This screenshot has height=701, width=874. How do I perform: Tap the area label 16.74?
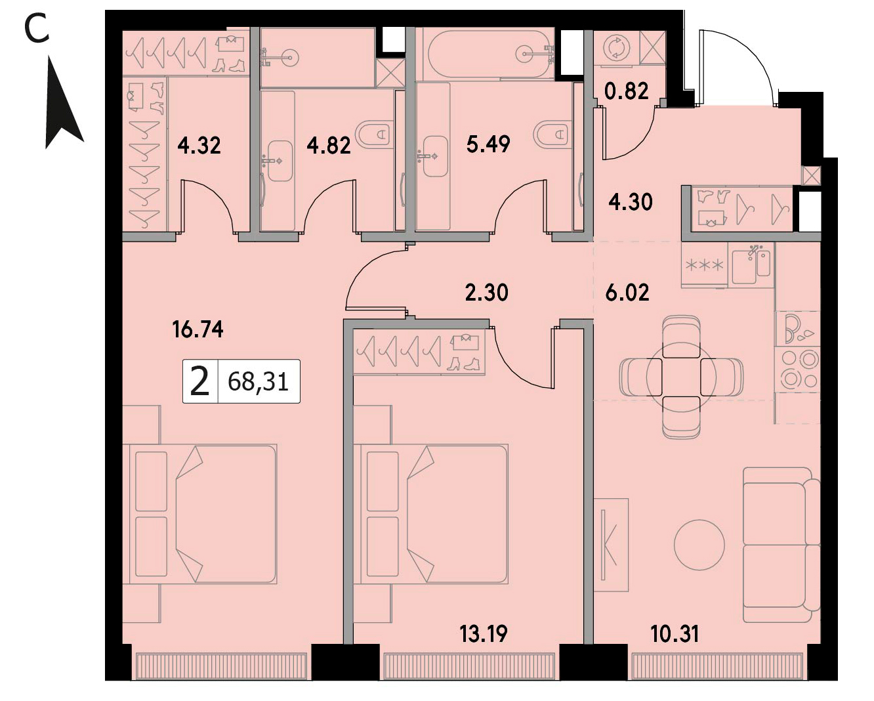click(x=198, y=329)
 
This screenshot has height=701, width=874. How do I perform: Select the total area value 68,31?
click(x=259, y=382)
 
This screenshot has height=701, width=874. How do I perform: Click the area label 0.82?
click(x=626, y=91)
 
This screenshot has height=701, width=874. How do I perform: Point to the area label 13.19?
click(x=484, y=634)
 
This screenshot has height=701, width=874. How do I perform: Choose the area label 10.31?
click(x=675, y=634)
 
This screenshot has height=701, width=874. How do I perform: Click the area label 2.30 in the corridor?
click(x=487, y=293)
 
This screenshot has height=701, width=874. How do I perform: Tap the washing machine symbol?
click(x=617, y=47)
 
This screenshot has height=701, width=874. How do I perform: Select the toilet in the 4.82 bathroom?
click(x=373, y=133)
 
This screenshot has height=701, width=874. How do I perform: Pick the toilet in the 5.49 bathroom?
click(x=551, y=133)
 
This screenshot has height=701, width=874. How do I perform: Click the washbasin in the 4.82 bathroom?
click(x=280, y=161)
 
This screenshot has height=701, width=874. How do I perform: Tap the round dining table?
click(x=681, y=377)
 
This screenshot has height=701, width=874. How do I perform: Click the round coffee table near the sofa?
click(x=699, y=545)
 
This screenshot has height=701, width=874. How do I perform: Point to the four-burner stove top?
click(x=797, y=369)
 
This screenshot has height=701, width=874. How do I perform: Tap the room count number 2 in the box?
click(x=199, y=381)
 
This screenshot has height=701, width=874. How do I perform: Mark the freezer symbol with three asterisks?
click(x=705, y=265)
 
